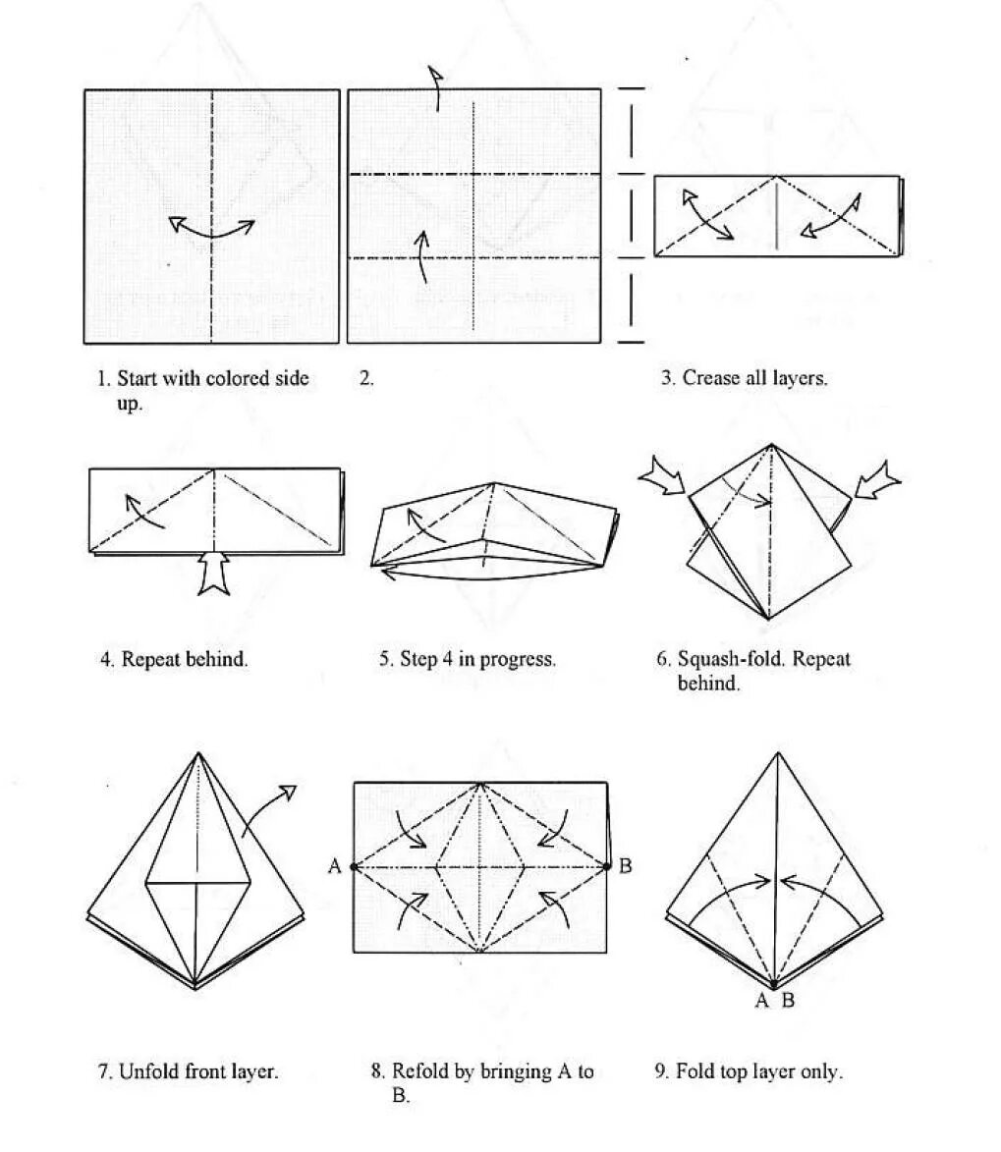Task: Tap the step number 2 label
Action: click(365, 378)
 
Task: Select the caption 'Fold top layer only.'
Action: click(749, 1071)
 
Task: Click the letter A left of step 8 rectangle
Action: click(335, 866)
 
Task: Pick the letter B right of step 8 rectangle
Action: click(626, 866)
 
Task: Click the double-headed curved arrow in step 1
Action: click(211, 229)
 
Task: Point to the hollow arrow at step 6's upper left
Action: click(664, 478)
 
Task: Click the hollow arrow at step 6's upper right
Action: click(877, 478)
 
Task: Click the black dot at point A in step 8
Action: click(354, 866)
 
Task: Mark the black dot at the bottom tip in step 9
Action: click(774, 984)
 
